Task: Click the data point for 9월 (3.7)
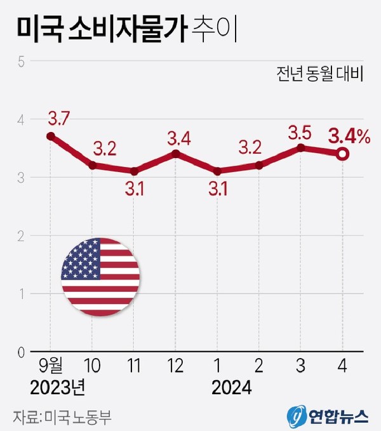tap(50, 136)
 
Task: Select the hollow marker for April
tap(342, 154)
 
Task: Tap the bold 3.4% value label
tap(348, 136)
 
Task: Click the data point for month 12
tap(176, 153)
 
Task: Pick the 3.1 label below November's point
tap(134, 189)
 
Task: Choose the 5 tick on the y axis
tap(21, 62)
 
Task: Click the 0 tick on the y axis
tap(21, 352)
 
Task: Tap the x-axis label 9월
tap(50, 366)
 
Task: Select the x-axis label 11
tap(134, 366)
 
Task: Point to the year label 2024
tap(232, 387)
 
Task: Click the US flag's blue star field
tap(81, 259)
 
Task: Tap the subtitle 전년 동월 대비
tap(319, 75)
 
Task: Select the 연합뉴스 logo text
tap(338, 416)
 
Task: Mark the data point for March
tap(301, 147)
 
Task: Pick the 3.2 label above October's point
tap(105, 149)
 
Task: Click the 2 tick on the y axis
tap(21, 235)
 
